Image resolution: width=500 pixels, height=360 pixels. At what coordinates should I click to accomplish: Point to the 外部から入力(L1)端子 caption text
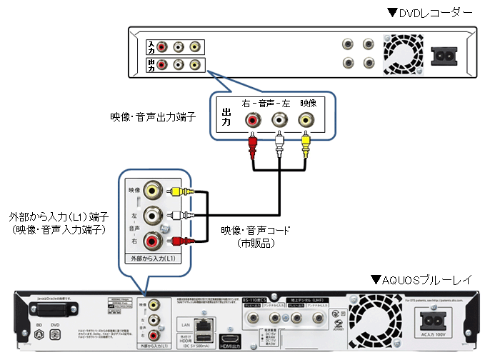(59, 216)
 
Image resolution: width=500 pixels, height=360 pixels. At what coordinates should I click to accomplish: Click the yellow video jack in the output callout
(308, 121)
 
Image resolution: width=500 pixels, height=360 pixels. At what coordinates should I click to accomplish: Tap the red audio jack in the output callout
(253, 121)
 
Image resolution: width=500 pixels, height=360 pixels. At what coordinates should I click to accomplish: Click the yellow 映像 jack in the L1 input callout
(151, 191)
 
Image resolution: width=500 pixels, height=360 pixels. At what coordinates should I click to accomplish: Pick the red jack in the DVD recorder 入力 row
(163, 48)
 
